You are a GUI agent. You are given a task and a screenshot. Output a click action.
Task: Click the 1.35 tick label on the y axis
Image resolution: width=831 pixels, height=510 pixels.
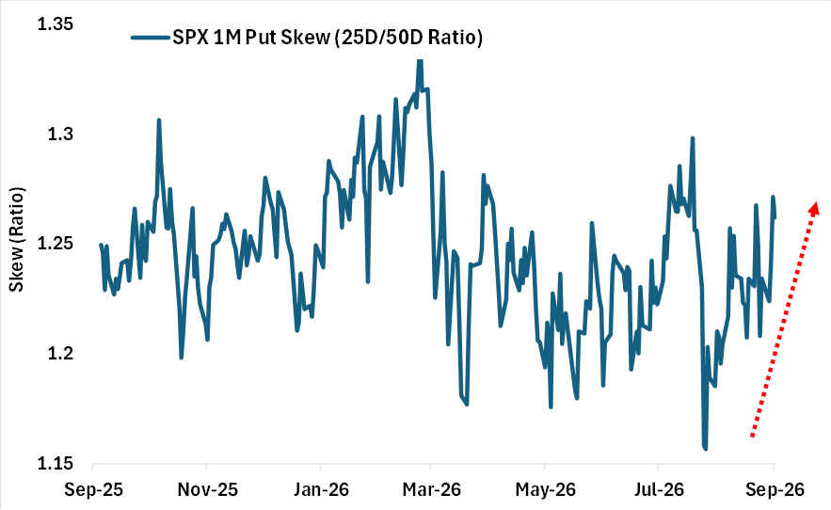click(x=56, y=24)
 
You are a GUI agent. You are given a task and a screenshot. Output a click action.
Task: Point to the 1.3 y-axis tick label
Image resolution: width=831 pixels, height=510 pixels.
click(x=60, y=135)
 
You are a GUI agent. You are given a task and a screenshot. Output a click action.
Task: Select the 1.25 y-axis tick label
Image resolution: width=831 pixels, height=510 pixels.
click(x=56, y=244)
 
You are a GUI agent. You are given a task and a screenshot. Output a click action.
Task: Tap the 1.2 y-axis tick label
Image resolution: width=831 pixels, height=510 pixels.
click(x=60, y=353)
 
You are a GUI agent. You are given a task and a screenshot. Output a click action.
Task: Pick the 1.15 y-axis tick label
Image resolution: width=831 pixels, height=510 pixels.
click(x=56, y=463)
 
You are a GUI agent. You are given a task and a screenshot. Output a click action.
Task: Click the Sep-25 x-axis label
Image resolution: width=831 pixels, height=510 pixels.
click(x=93, y=490)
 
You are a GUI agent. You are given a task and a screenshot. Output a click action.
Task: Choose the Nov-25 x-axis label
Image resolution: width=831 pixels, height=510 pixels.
click(x=207, y=490)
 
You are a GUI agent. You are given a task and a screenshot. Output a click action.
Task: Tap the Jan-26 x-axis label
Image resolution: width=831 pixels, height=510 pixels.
click(x=321, y=490)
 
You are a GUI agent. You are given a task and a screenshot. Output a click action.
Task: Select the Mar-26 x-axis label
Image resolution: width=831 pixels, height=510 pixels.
click(x=431, y=490)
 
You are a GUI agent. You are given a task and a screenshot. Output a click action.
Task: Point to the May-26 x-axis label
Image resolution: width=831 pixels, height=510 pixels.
click(x=545, y=490)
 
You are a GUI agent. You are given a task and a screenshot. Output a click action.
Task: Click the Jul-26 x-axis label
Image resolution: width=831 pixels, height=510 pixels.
click(x=659, y=490)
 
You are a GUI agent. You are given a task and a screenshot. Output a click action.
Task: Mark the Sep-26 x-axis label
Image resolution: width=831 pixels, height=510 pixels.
click(x=775, y=490)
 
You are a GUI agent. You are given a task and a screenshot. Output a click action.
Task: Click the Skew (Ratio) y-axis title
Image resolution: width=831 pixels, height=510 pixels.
click(x=17, y=240)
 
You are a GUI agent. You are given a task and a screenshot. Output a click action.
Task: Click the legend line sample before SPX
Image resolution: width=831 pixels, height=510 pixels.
click(x=151, y=37)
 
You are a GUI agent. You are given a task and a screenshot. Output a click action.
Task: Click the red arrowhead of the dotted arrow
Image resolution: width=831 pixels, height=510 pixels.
click(x=813, y=208)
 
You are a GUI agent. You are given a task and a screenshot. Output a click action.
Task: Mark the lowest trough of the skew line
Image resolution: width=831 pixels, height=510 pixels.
click(x=706, y=449)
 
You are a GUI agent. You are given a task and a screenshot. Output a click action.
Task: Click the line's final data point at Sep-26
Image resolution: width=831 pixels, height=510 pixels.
click(x=775, y=216)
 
